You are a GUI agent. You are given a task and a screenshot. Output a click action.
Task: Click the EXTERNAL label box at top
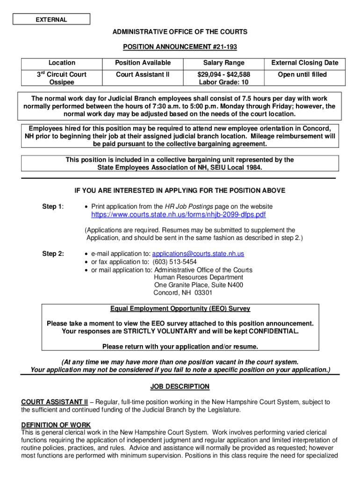[51, 20]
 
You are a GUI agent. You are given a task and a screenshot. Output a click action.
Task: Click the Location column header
[62, 63]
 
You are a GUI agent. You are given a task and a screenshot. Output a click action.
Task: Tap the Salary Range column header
[223, 63]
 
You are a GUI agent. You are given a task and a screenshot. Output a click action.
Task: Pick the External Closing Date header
[305, 63]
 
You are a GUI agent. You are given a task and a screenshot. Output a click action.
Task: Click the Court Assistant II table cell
[143, 74]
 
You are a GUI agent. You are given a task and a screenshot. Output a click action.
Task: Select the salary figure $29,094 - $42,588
[223, 74]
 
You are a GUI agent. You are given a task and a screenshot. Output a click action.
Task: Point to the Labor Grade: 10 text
[223, 82]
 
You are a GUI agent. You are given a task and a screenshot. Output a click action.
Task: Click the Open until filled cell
[302, 74]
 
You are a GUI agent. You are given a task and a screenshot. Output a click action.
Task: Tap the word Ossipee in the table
[62, 82]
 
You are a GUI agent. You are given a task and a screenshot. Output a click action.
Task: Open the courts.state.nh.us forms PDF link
[178, 215]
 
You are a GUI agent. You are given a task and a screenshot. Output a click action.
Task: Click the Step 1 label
[53, 206]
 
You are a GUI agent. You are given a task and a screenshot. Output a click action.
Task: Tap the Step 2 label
[53, 254]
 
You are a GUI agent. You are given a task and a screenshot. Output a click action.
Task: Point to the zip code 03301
[203, 293]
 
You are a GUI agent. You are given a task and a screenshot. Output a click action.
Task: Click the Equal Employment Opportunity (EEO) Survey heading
[180, 309]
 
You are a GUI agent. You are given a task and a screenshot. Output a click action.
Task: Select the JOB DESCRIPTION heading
[180, 387]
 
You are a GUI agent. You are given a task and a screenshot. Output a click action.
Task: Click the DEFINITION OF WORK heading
[56, 425]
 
